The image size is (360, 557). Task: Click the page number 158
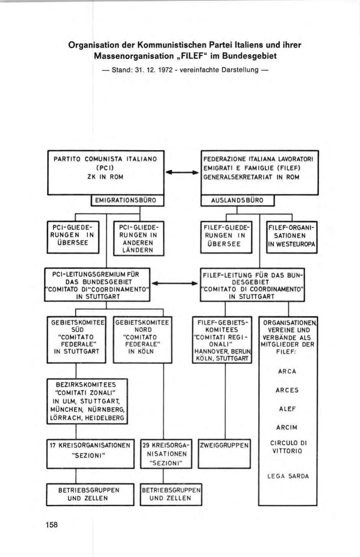click(x=52, y=525)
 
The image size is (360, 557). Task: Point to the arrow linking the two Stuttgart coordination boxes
click(x=176, y=283)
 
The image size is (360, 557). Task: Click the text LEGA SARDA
click(x=288, y=476)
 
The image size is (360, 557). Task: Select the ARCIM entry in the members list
click(x=288, y=427)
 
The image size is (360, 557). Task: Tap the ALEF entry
click(x=288, y=409)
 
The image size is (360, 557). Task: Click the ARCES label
click(x=288, y=390)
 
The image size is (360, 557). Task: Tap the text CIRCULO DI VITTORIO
click(x=288, y=447)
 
